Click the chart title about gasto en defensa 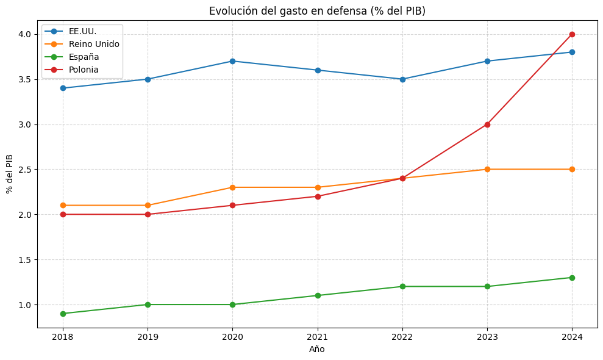(317, 11)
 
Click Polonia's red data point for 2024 (572, 34)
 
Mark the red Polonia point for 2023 (487, 124)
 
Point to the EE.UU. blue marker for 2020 (232, 61)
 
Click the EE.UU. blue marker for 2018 (63, 88)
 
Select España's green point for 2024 (572, 278)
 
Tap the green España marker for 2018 (63, 314)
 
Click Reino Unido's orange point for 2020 (232, 187)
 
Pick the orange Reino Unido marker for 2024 (572, 169)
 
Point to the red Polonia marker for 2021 (317, 196)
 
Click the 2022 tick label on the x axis (402, 336)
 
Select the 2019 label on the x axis (148, 336)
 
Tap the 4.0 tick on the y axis (25, 34)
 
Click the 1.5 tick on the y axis (25, 259)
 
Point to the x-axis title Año (317, 349)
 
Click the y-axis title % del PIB (10, 173)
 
